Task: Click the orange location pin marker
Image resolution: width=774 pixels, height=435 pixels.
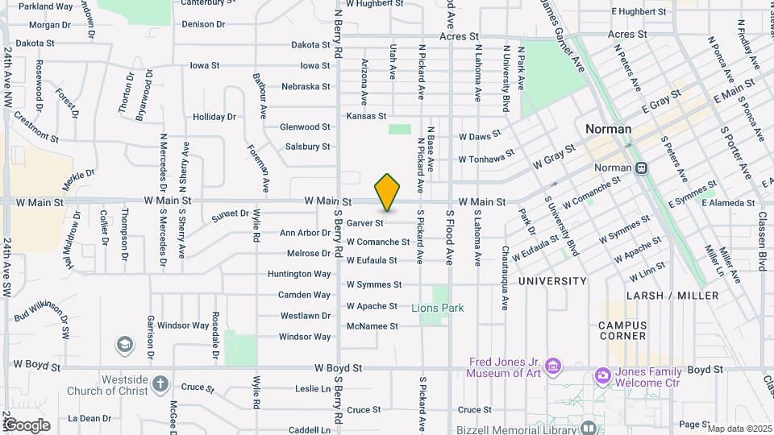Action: pos(388,192)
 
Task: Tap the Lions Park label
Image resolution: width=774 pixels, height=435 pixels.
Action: pos(438,308)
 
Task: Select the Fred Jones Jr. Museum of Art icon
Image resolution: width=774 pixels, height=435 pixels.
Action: pos(552,367)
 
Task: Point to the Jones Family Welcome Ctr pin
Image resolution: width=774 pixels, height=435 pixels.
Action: pos(601,375)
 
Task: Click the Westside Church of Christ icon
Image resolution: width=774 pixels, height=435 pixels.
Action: pos(160,383)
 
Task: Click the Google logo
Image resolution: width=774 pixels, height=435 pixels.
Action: pos(26,425)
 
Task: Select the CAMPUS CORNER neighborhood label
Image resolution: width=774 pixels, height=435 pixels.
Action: pos(622,330)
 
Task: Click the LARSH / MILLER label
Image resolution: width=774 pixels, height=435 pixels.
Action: pos(670,296)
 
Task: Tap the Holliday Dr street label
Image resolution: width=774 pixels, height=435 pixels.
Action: pos(214,117)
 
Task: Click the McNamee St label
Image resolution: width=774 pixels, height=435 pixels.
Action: pos(372,326)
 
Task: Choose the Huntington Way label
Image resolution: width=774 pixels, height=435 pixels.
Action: pos(299,274)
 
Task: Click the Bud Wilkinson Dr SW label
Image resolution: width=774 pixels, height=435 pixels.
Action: pos(42,313)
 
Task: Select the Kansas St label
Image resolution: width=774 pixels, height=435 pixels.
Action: pos(366,117)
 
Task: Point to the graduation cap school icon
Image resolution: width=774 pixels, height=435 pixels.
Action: pos(125,346)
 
